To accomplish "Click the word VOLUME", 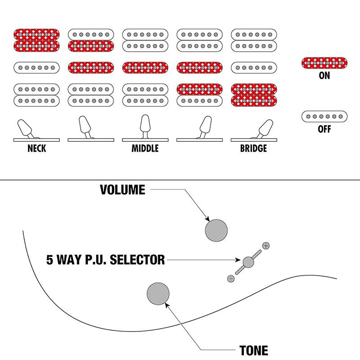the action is [122, 189].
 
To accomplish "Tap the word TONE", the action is [254, 351].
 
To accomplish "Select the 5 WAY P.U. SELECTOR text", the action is [106, 260].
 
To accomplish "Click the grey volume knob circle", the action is [216, 230].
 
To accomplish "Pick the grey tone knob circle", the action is [158, 294].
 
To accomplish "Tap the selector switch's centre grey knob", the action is [248, 262].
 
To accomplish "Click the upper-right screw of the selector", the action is [266, 245].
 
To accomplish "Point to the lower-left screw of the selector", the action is [231, 279].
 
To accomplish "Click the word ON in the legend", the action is [324, 76].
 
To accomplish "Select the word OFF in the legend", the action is [324, 129].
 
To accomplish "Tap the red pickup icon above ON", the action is [324, 63].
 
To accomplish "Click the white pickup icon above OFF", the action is [324, 117].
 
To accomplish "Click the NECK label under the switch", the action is [37, 148].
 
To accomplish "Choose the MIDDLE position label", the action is [145, 148].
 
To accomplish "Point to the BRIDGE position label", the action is [253, 148].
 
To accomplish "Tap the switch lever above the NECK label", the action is [26, 129].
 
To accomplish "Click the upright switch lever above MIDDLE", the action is [145, 126].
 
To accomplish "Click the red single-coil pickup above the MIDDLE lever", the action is [145, 68].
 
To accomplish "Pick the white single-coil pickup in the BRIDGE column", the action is [254, 68].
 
